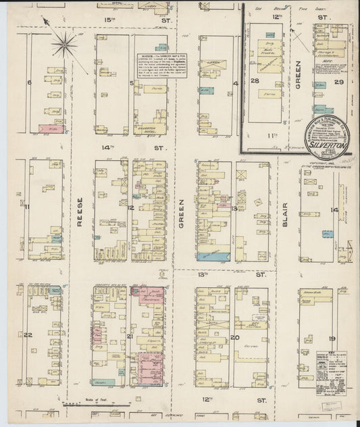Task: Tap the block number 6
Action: click(28, 83)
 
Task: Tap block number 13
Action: click(234, 209)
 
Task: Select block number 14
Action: click(334, 210)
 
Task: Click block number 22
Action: click(28, 334)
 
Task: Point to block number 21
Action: click(130, 336)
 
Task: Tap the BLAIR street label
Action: click(286, 215)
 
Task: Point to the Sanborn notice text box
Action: click(161, 67)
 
